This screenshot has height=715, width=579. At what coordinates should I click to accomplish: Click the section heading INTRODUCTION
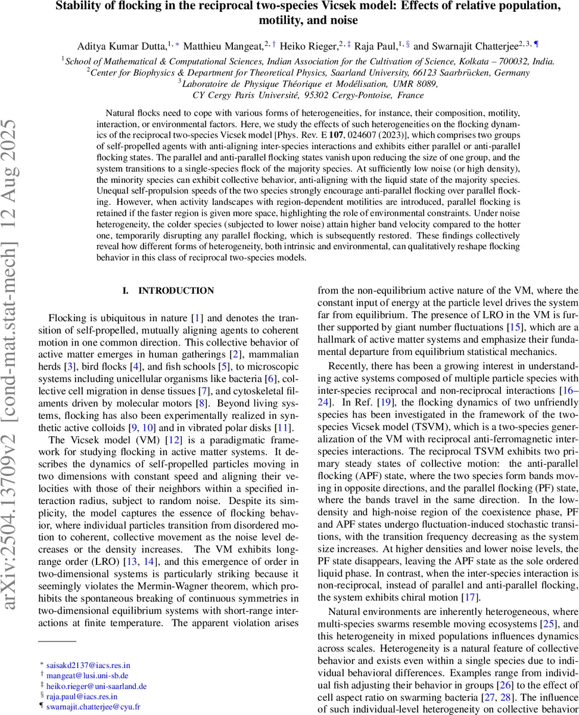[x=176, y=291]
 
